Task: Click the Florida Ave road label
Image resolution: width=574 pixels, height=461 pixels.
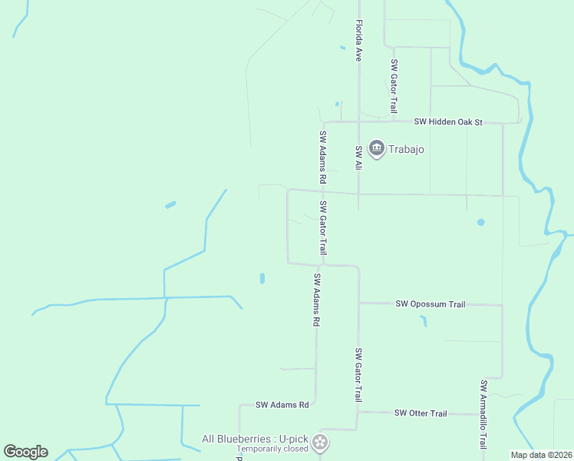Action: pyautogui.click(x=358, y=41)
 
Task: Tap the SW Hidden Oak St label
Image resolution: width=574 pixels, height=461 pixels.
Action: pyautogui.click(x=447, y=121)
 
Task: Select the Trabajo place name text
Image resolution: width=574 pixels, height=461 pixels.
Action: pyautogui.click(x=406, y=148)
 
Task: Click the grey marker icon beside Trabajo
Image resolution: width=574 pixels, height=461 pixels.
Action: pyautogui.click(x=376, y=148)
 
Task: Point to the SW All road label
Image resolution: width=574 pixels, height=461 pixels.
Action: pyautogui.click(x=358, y=157)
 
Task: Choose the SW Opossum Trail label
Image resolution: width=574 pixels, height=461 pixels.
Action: pyautogui.click(x=430, y=304)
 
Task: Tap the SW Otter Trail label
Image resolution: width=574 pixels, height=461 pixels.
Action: pyautogui.click(x=421, y=413)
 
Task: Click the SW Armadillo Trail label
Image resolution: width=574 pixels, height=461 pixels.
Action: pyautogui.click(x=483, y=414)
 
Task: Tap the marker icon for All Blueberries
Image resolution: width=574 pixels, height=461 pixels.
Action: pyautogui.click(x=321, y=442)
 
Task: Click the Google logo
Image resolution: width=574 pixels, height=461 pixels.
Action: pyautogui.click(x=25, y=452)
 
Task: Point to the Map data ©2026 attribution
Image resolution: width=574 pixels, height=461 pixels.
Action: pyautogui.click(x=541, y=455)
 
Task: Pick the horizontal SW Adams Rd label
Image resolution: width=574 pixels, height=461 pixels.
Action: pyautogui.click(x=282, y=404)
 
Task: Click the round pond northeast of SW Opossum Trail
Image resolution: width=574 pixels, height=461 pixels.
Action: pyautogui.click(x=480, y=222)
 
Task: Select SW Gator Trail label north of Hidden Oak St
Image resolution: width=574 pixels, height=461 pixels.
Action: pyautogui.click(x=394, y=86)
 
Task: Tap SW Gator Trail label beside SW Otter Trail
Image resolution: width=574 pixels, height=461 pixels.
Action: pyautogui.click(x=358, y=375)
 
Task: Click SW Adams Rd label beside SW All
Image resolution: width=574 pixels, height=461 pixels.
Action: pyautogui.click(x=323, y=156)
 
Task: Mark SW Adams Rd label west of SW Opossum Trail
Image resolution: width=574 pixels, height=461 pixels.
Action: pyautogui.click(x=315, y=300)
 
